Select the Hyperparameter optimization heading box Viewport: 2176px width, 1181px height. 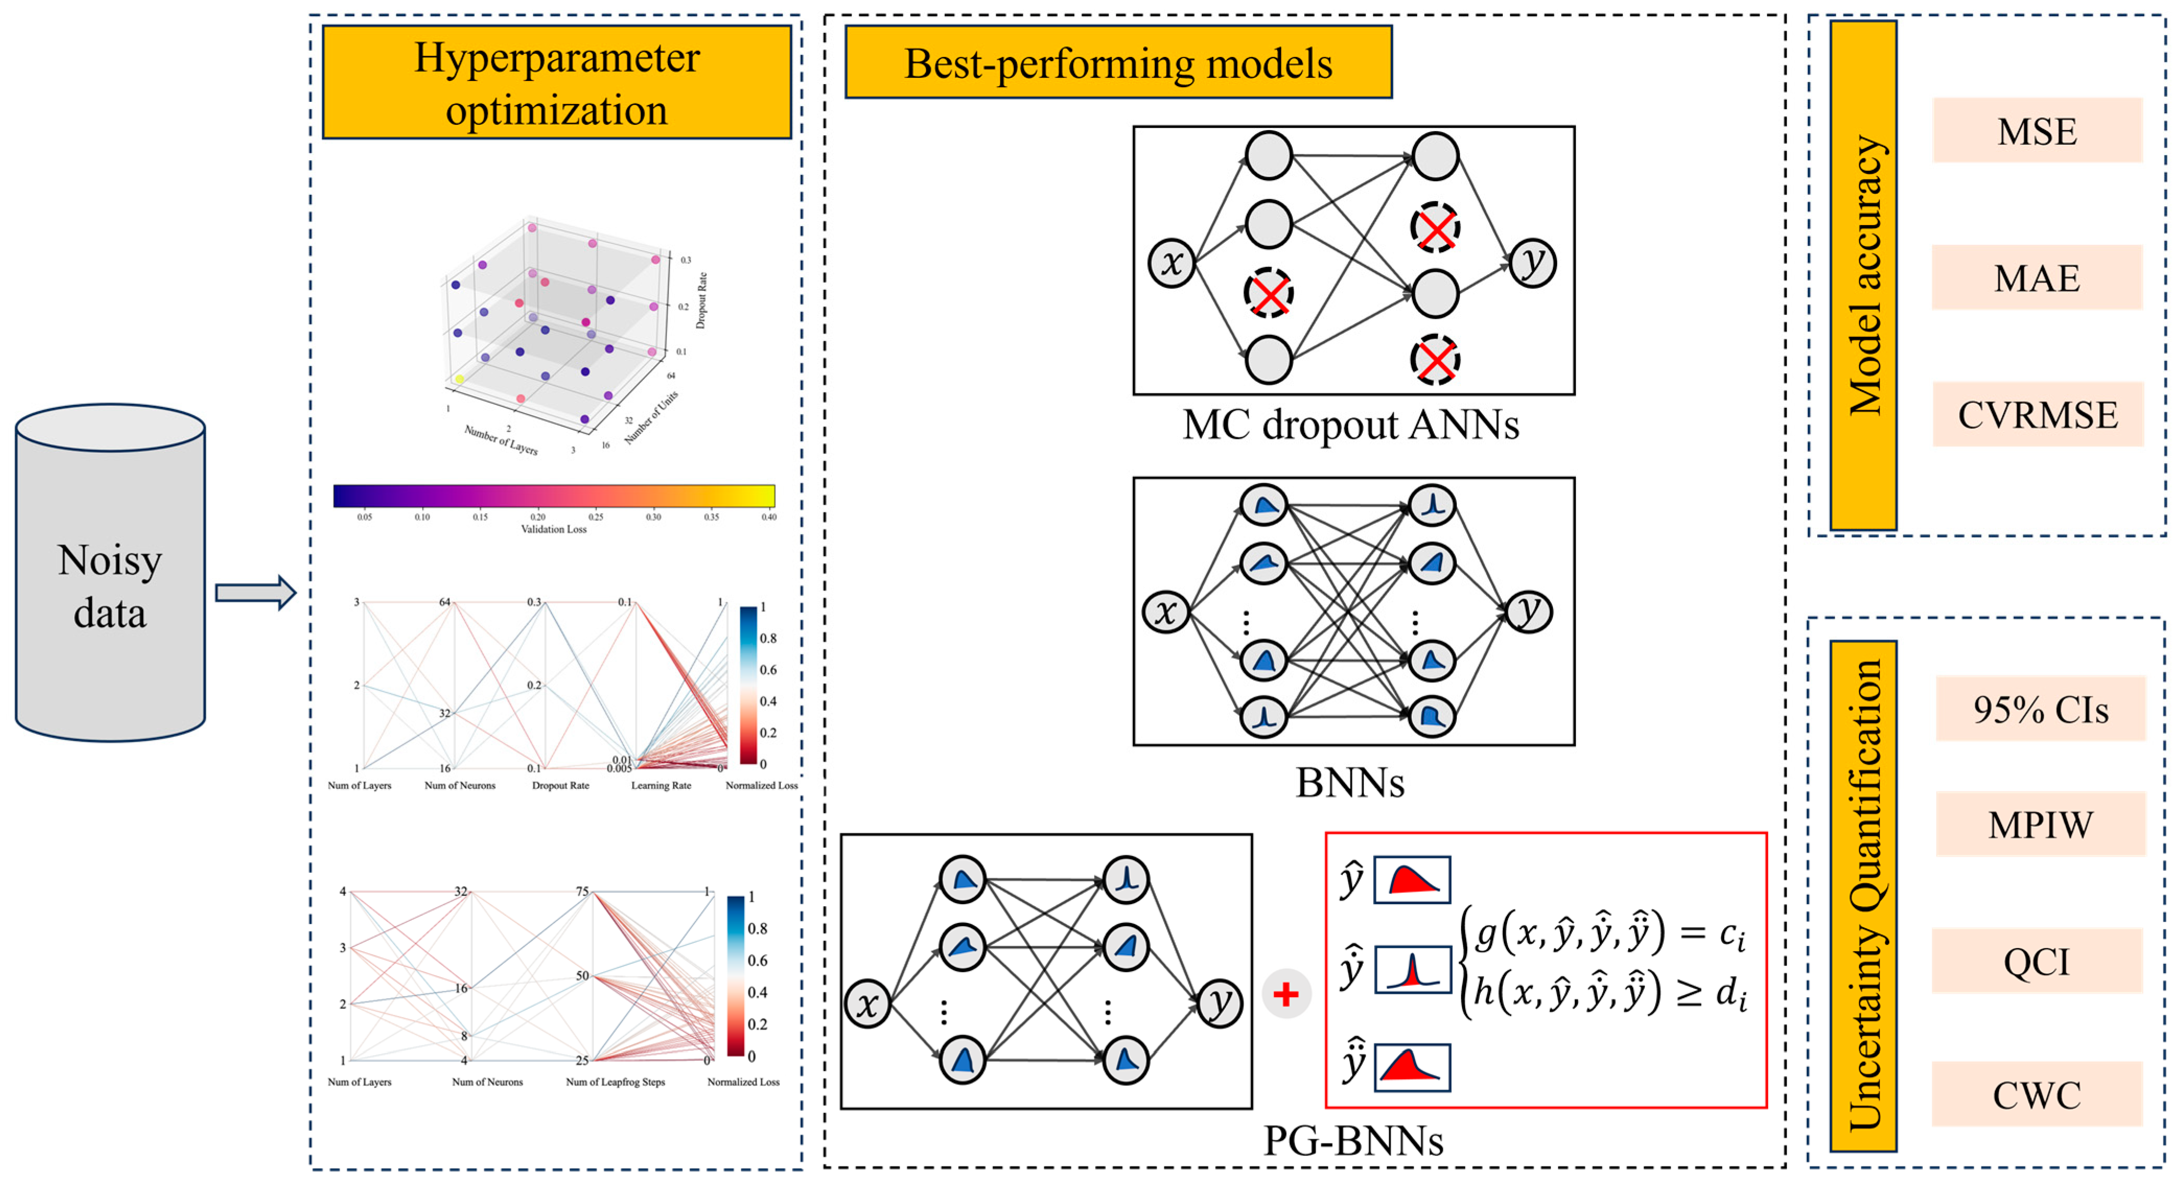(x=557, y=83)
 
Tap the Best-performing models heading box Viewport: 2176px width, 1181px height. (x=1118, y=63)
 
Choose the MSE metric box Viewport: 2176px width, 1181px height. (x=2037, y=131)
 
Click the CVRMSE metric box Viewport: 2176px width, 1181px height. (x=2038, y=414)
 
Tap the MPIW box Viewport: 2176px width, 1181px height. (x=2040, y=824)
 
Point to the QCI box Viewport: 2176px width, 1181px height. (x=2037, y=961)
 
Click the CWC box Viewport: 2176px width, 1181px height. (x=2037, y=1095)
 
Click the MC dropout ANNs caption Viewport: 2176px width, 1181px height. (x=1350, y=424)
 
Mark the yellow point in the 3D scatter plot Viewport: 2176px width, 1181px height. (x=460, y=379)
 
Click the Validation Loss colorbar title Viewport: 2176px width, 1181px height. (x=553, y=529)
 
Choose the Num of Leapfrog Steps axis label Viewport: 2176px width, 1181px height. (x=615, y=1081)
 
